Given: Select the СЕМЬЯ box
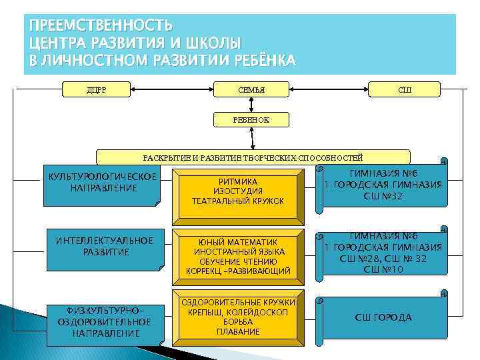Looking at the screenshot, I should (251, 89).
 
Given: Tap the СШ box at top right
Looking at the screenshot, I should (404, 89).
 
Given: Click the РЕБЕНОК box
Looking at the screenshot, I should (251, 119).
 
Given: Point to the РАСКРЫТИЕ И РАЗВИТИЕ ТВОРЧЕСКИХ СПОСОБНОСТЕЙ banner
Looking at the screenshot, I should (253, 157).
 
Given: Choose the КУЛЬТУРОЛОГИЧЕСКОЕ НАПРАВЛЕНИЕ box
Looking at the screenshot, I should (103, 184).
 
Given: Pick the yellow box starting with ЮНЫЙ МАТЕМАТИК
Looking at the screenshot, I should (238, 256).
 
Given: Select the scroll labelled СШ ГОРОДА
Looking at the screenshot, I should (383, 318).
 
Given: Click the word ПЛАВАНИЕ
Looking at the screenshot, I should (238, 331).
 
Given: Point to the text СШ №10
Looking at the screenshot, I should (383, 269).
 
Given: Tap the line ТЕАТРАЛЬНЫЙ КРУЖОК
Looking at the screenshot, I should (238, 201).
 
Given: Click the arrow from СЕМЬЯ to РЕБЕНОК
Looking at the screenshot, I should (251, 105).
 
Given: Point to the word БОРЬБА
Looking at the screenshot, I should (238, 322).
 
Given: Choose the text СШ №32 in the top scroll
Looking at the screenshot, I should (383, 196).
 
